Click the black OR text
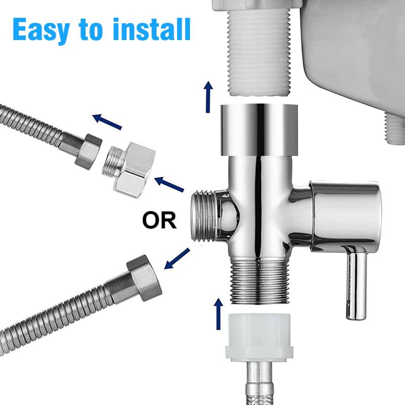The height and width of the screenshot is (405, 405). (159, 221)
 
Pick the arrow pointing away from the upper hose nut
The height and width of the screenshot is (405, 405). (107, 121)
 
